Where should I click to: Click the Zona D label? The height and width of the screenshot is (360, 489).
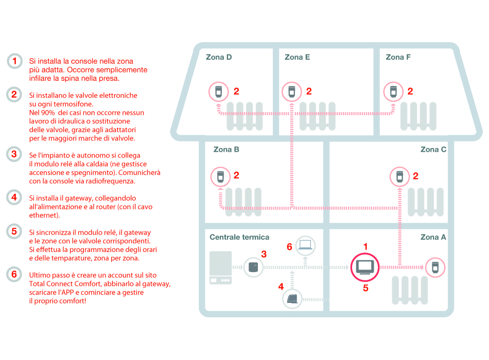click(218, 57)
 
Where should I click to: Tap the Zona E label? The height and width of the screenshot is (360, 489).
click(297, 57)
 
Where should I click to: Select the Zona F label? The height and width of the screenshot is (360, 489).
click(398, 57)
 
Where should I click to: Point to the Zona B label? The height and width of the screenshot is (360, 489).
click(226, 150)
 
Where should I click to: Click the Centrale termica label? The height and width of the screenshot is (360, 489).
click(239, 237)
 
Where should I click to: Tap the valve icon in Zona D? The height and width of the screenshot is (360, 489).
click(219, 92)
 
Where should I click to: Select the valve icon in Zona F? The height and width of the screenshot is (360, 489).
click(394, 92)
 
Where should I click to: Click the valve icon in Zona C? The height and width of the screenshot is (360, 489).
click(399, 176)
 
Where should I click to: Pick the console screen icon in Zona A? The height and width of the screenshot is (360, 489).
click(365, 267)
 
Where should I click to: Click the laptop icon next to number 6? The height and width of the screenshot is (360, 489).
click(306, 245)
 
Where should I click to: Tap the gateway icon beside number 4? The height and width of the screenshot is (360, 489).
click(292, 299)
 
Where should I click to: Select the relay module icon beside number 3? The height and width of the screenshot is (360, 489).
click(253, 267)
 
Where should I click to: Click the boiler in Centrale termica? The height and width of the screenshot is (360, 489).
click(220, 267)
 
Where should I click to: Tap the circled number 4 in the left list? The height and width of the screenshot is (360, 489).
click(14, 197)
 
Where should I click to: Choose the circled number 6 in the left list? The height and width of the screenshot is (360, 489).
click(14, 274)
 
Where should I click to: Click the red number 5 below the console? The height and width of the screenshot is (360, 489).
click(365, 289)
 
